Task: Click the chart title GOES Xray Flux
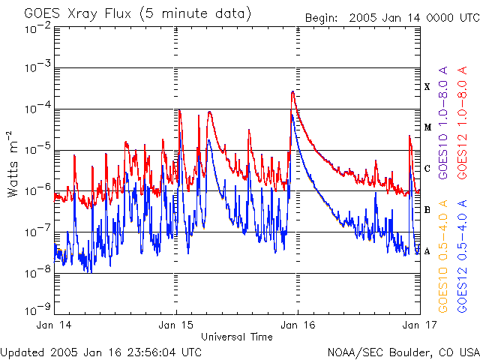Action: (x=78, y=14)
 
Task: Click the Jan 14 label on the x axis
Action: (x=54, y=325)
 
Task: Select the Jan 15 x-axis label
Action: (x=175, y=325)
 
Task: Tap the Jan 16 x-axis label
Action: (x=298, y=325)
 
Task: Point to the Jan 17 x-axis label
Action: (x=420, y=325)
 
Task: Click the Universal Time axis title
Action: (x=237, y=337)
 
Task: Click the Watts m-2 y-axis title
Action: (x=12, y=164)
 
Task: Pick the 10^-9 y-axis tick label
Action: (x=38, y=309)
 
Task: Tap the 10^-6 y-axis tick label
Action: (x=38, y=189)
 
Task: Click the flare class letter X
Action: (x=427, y=87)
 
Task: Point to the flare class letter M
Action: (x=427, y=127)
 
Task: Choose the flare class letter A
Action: (x=427, y=251)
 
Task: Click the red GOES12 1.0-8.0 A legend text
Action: (x=462, y=122)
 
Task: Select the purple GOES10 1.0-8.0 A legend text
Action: (x=443, y=122)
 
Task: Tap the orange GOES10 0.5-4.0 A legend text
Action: (x=443, y=256)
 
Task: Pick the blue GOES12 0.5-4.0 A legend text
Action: (x=462, y=256)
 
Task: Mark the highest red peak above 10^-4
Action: (x=293, y=91)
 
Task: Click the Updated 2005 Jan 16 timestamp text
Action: (x=101, y=352)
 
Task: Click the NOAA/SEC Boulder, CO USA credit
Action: (x=403, y=352)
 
